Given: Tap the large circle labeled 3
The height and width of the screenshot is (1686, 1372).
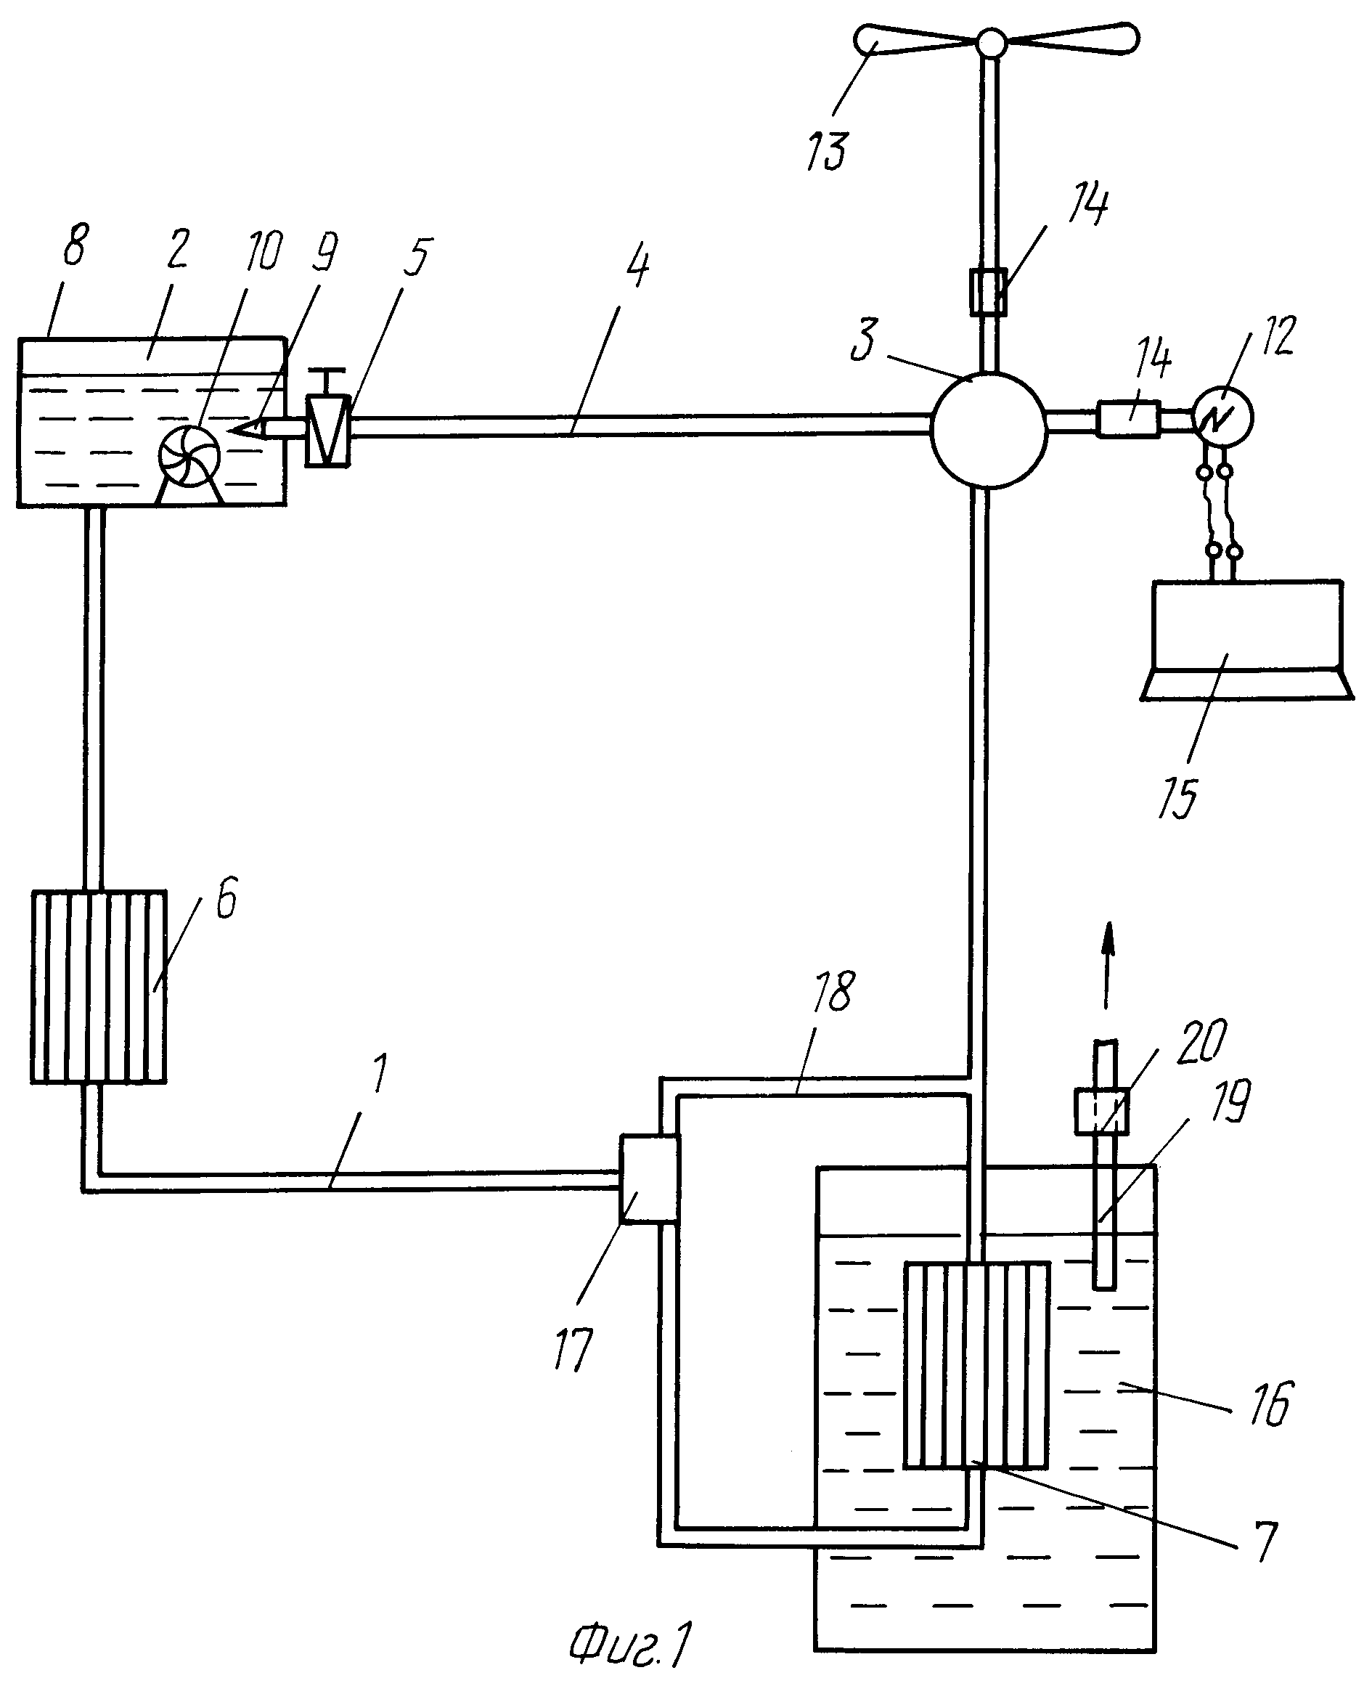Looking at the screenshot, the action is point(989,431).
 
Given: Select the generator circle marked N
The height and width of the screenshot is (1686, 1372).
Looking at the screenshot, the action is point(1222,418).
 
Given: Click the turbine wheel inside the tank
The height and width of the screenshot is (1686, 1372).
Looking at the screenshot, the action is point(189,456).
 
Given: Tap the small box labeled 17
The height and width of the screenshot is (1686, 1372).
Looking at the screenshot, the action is point(649,1179).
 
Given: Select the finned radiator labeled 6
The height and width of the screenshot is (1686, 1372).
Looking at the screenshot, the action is point(99,987).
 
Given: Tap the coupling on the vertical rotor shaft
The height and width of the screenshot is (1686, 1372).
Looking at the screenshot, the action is point(989,292).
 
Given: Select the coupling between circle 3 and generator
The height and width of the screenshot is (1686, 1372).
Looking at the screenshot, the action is point(1129,420).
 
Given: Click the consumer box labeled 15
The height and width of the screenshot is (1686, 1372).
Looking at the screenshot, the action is point(1247,640).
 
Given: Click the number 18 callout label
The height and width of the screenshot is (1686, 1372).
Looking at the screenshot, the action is point(832,991).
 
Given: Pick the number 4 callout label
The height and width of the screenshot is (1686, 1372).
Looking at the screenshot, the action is point(638,266).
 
